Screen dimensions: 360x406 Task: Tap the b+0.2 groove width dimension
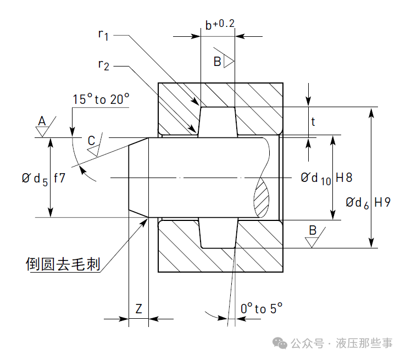pos(220,25)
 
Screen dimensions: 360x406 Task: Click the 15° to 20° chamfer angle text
pos(101,99)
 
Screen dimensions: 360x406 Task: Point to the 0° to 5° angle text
pos(262,309)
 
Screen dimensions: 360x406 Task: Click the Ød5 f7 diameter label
pos(44,179)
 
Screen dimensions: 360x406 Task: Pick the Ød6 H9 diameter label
pos(368,202)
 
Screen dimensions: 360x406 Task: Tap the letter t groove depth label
pos(313,122)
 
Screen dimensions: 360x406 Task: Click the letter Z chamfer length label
pos(138,309)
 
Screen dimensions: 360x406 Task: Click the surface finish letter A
pos(42,121)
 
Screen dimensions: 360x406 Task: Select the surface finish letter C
pos(91,141)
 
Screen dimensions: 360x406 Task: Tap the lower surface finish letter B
pos(313,230)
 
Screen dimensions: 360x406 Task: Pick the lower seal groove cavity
pos(218,234)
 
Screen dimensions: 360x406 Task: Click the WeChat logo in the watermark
pos(281,344)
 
